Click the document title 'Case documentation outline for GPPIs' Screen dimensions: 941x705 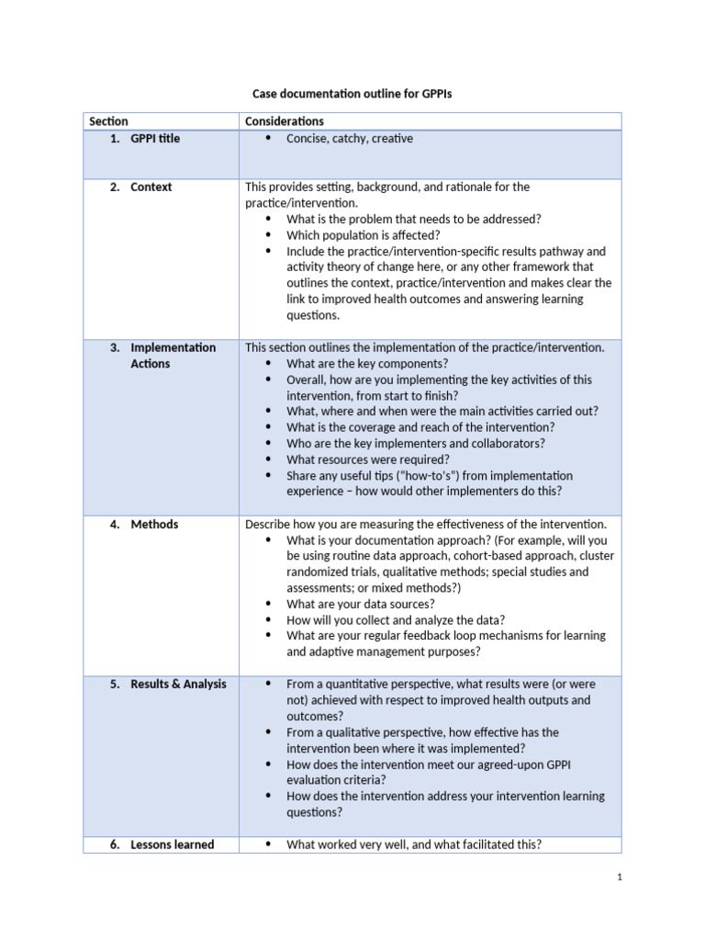[x=352, y=94]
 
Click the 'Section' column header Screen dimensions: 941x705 [x=108, y=121]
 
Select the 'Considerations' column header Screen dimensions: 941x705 [x=285, y=121]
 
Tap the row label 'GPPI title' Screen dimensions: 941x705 [x=155, y=139]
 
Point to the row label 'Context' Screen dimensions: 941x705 [x=151, y=187]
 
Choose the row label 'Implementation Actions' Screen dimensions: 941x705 [x=173, y=356]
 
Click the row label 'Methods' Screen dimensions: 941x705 [x=154, y=525]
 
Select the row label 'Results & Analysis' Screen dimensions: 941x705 [x=178, y=685]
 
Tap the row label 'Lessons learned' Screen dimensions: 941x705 [x=173, y=845]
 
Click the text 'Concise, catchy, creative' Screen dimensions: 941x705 [x=350, y=139]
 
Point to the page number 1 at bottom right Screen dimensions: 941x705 [x=620, y=878]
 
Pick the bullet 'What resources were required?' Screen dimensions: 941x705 [x=368, y=459]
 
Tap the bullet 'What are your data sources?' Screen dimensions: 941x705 [x=361, y=604]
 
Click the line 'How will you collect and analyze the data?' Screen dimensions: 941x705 [x=396, y=620]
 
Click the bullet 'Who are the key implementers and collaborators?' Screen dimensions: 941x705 [x=416, y=444]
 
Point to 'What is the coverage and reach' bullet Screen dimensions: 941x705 [x=420, y=427]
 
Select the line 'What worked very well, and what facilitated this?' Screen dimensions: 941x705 [x=414, y=845]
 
